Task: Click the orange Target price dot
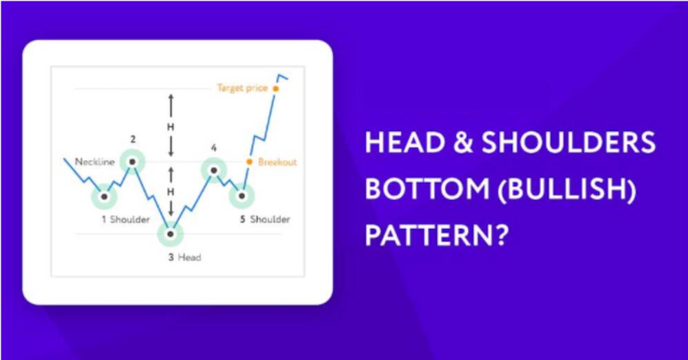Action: click(275, 88)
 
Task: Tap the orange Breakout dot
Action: click(249, 162)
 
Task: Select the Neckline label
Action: click(95, 162)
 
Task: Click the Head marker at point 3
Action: click(170, 234)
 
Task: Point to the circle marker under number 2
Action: click(132, 162)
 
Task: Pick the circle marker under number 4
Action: click(214, 170)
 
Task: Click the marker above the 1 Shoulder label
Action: click(104, 197)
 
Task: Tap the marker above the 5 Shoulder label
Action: click(242, 196)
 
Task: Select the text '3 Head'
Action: click(184, 257)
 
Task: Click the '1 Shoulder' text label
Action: click(126, 219)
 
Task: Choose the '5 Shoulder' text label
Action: click(264, 219)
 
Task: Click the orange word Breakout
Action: click(277, 162)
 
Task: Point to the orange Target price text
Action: click(242, 88)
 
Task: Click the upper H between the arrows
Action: click(170, 127)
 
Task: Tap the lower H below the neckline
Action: click(170, 192)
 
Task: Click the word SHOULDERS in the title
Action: click(569, 143)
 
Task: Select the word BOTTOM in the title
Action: click(427, 189)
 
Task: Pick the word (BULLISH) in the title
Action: click(567, 190)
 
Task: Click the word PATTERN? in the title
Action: click(437, 235)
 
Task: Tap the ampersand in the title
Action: click(463, 143)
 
